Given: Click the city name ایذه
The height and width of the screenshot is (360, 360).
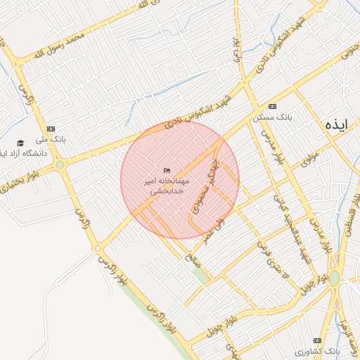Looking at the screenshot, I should pyautogui.click(x=336, y=124).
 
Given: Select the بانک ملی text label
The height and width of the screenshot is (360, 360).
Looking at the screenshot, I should pyautogui.click(x=51, y=141).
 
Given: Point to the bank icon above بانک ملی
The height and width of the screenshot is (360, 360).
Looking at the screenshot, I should pyautogui.click(x=51, y=129).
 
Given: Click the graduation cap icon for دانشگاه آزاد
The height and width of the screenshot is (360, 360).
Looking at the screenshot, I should pyautogui.click(x=20, y=143).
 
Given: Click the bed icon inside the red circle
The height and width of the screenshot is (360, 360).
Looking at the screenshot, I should pyautogui.click(x=167, y=170).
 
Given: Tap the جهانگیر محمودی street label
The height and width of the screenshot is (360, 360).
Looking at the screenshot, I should pyautogui.click(x=202, y=192).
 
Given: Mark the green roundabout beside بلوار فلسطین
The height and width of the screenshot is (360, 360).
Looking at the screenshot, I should pyautogui.click(x=334, y=279).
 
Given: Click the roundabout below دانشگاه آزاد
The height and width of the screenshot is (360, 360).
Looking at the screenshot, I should pyautogui.click(x=60, y=165).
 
